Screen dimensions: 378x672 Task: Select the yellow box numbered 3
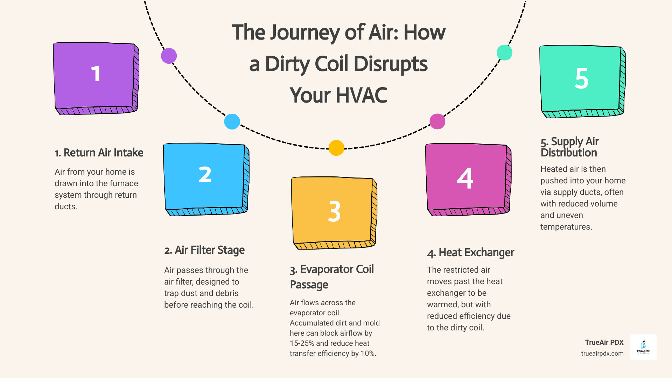[x=334, y=212]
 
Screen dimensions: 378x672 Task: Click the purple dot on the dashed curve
[x=169, y=56]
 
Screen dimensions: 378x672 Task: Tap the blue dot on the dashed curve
[x=232, y=122]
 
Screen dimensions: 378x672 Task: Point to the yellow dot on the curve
[x=336, y=148]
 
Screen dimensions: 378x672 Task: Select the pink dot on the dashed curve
[x=437, y=121]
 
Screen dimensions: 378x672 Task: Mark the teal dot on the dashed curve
[x=504, y=52]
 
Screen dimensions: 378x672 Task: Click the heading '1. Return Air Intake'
[x=99, y=153]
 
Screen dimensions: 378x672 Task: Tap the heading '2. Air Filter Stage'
[x=204, y=250]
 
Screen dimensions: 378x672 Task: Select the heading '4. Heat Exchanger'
[x=470, y=253]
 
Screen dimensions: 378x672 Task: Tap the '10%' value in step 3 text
[x=368, y=353]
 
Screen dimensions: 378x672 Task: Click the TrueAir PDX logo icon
[x=643, y=347]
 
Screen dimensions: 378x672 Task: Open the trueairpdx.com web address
[x=602, y=353]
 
